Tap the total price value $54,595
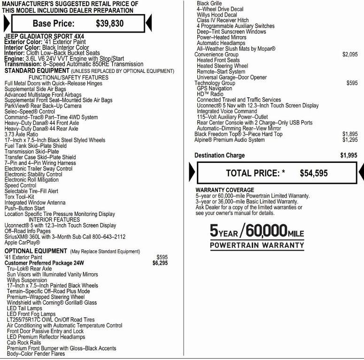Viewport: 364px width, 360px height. tap(314, 173)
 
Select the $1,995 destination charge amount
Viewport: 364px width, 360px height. tap(349, 155)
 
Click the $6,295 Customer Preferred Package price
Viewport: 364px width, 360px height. tap(160, 263)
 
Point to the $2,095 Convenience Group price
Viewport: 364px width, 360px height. tap(350, 55)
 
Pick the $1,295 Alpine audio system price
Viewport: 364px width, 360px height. tap(350, 140)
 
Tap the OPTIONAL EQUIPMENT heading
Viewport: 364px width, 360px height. tap(36, 252)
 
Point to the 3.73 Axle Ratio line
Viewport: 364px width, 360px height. tap(22, 134)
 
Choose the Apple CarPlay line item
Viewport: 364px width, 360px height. tap(22, 243)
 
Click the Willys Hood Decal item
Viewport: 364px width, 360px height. tap(217, 15)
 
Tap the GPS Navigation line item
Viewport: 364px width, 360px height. tap(214, 89)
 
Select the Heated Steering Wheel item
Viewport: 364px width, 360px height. tap(222, 66)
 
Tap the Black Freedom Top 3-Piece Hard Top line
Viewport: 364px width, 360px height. tap(239, 134)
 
